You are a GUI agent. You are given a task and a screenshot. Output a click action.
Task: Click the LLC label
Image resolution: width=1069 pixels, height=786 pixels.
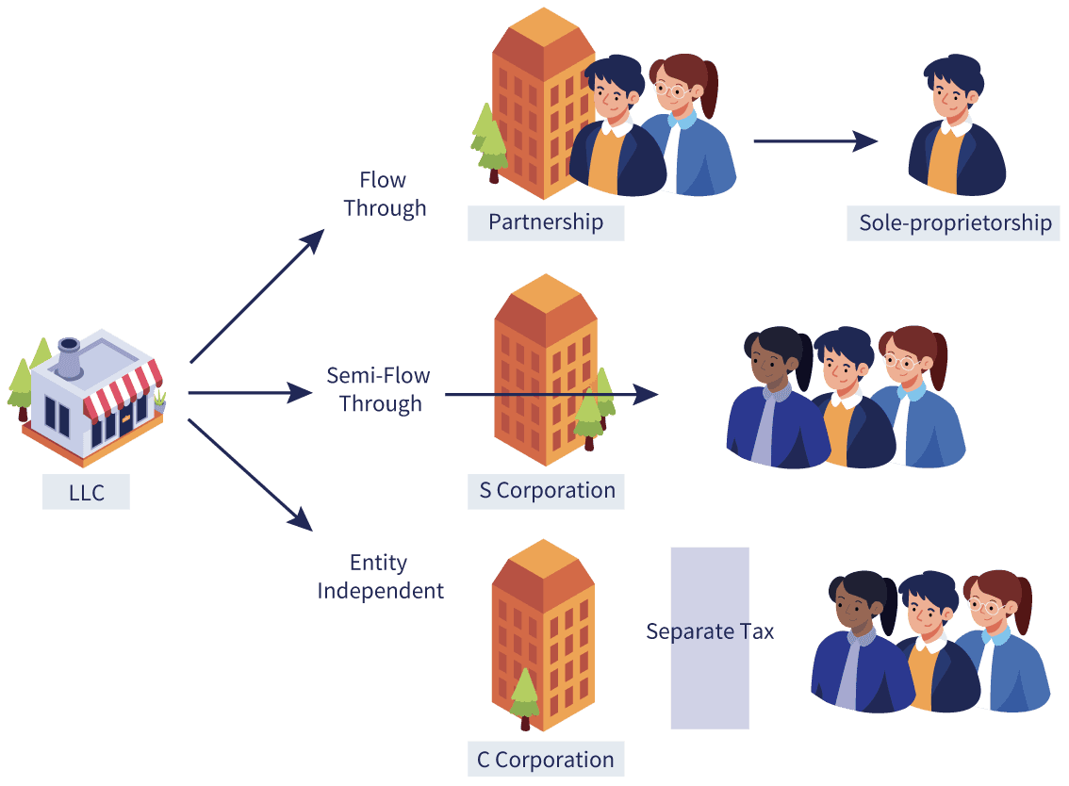[x=86, y=492]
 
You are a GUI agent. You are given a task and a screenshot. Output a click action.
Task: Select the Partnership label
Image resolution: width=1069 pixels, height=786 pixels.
[x=546, y=222]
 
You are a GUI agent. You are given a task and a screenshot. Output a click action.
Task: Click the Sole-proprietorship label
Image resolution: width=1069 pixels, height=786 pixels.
[x=954, y=223]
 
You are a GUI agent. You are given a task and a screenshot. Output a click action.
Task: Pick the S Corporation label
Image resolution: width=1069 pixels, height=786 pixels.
[x=546, y=491]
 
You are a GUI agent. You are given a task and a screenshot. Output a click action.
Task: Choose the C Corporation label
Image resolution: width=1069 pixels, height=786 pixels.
[x=546, y=759]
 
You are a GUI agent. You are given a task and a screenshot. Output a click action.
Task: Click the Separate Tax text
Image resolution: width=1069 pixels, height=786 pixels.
[x=710, y=632]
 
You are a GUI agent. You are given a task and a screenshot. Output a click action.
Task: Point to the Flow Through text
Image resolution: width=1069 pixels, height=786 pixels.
[x=385, y=194]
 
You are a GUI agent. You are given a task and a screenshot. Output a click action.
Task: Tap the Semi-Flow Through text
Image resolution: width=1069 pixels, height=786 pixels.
[x=379, y=389]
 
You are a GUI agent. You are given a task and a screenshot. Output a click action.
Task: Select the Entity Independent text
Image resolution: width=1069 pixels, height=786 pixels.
[x=381, y=577]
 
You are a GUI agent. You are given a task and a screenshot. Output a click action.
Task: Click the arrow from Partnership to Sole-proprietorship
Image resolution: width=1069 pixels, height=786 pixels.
[x=815, y=141]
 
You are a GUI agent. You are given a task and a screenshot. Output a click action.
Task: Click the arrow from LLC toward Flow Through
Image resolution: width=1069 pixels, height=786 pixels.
[x=257, y=296]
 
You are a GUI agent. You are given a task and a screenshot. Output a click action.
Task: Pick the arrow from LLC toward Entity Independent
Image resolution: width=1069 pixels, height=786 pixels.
[x=250, y=474]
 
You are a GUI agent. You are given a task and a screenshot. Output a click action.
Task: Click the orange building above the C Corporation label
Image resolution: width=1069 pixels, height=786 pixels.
[x=543, y=634]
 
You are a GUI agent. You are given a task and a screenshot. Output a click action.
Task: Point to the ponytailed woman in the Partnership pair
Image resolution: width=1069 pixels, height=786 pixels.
[x=690, y=124]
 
